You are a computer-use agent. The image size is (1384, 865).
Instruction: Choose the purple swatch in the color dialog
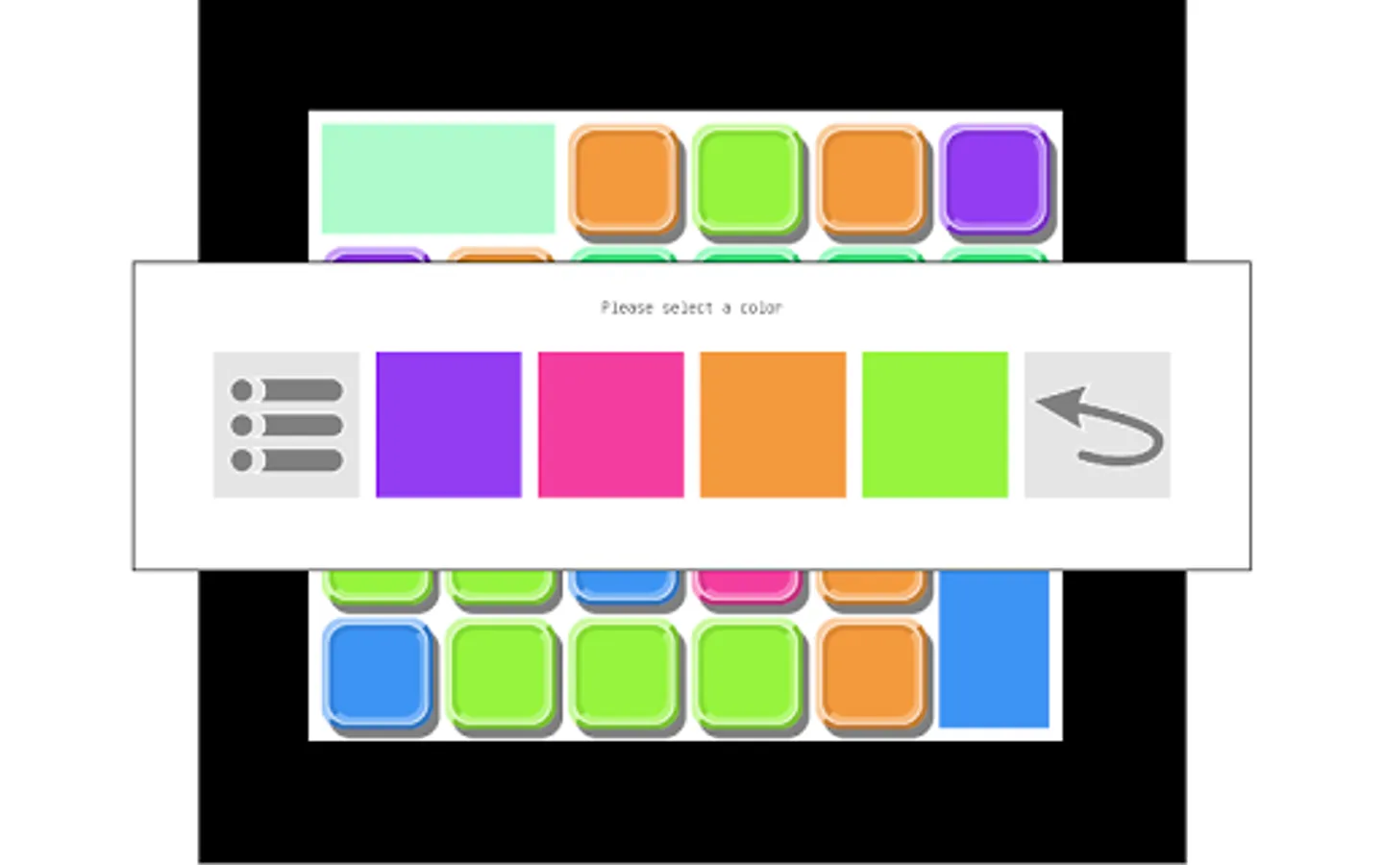click(x=448, y=424)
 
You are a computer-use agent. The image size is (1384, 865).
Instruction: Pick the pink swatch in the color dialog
click(x=610, y=424)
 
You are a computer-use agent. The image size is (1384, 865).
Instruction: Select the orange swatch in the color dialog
click(x=773, y=424)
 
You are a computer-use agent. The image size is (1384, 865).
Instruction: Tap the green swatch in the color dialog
click(x=934, y=424)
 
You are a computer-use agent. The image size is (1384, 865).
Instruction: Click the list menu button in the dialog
click(x=286, y=424)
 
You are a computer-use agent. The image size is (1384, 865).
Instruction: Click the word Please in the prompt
click(x=626, y=308)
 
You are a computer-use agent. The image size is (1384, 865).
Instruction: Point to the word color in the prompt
click(x=760, y=308)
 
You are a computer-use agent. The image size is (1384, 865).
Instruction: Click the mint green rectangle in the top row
click(x=437, y=179)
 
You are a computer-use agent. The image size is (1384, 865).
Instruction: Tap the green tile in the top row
click(x=747, y=180)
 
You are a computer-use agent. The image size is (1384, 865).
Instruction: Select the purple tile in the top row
click(x=994, y=180)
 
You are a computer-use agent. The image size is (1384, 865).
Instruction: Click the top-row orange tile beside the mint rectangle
click(x=623, y=180)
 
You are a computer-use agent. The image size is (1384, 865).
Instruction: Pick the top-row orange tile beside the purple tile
click(x=871, y=180)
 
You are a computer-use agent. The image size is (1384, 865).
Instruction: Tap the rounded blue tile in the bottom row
click(x=376, y=672)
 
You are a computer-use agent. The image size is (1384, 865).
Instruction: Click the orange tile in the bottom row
click(x=871, y=672)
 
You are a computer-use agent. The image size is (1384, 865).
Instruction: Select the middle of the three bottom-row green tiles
click(x=623, y=672)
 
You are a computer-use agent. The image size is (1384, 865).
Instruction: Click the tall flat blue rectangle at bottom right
click(x=993, y=649)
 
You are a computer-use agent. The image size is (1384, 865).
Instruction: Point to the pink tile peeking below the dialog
click(x=746, y=583)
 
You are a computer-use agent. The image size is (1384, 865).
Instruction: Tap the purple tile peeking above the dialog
click(x=376, y=256)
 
